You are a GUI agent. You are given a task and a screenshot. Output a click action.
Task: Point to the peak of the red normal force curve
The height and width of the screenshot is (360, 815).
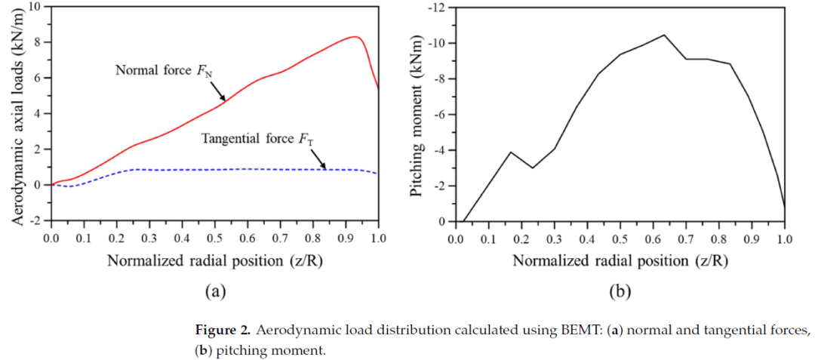click(353, 36)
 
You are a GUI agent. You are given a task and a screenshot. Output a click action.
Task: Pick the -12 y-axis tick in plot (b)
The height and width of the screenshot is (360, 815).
click(438, 8)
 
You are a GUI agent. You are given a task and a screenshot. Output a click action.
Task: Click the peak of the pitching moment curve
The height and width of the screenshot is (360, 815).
click(663, 35)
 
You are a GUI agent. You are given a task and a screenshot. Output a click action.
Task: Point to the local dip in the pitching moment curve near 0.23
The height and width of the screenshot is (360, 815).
click(533, 168)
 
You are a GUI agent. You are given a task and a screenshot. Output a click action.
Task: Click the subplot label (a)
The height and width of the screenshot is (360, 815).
click(213, 290)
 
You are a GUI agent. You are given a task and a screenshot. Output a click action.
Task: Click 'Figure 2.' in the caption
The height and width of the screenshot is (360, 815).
click(223, 331)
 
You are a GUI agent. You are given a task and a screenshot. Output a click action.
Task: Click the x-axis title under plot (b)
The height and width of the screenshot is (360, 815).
click(620, 261)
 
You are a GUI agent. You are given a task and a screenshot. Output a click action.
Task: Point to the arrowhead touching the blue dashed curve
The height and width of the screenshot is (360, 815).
click(325, 168)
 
